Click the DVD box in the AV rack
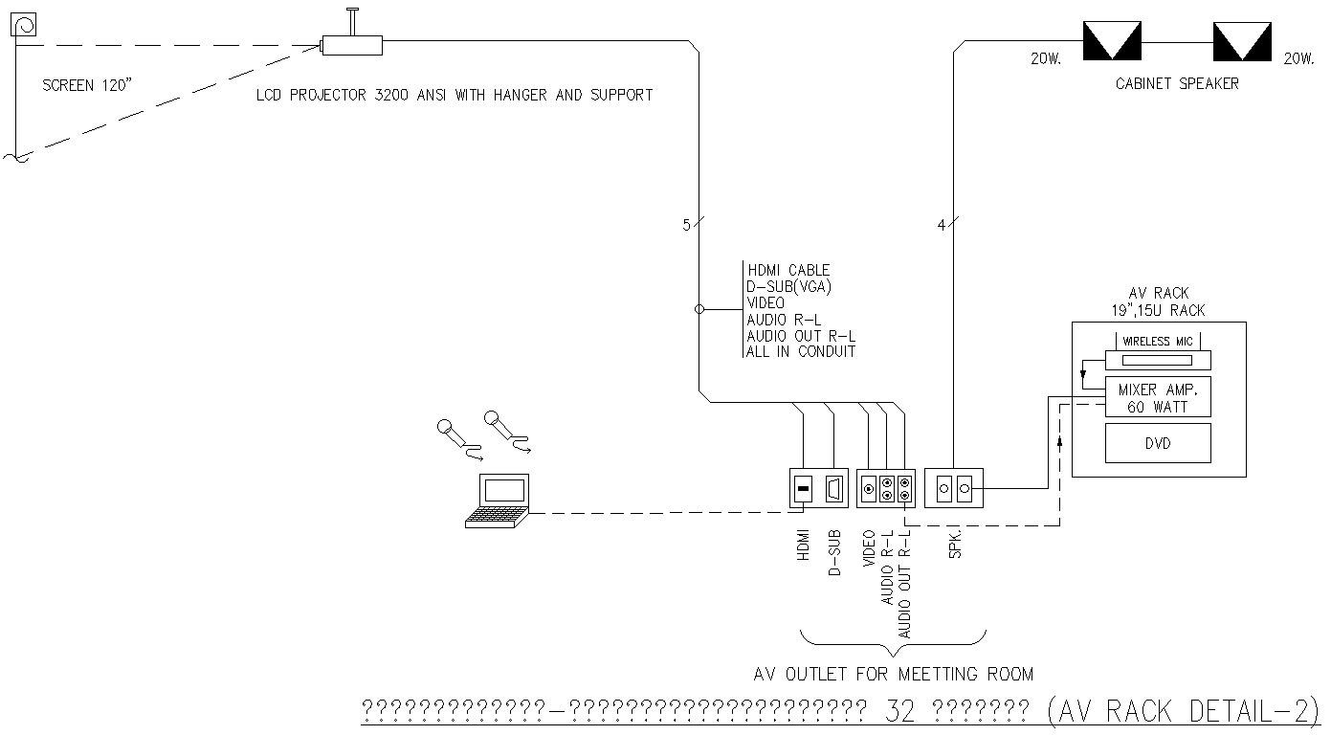tap(1158, 443)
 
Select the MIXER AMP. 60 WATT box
tap(1158, 398)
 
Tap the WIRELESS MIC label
tap(1158, 342)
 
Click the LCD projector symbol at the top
tap(351, 43)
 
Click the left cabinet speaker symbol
tap(1111, 41)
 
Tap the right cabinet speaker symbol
tap(1241, 41)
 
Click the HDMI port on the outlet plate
tap(803, 490)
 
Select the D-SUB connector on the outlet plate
tap(833, 490)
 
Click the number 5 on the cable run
tap(686, 226)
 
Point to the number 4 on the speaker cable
tap(941, 226)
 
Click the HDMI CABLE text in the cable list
tap(788, 271)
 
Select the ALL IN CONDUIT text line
tap(801, 351)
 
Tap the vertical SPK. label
tap(955, 545)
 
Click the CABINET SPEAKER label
tap(1176, 84)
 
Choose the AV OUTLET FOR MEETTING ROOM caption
tap(894, 675)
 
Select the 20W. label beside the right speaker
tap(1298, 59)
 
